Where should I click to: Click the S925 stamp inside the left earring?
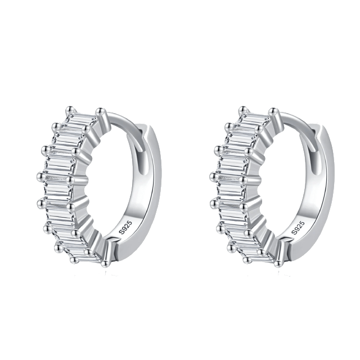tap(125, 227)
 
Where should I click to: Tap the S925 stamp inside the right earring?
tap(298, 227)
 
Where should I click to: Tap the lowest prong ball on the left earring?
tap(105, 264)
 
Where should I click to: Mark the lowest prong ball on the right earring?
tap(278, 264)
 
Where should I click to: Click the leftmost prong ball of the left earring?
tap(41, 176)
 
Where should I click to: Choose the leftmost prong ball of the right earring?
tap(214, 176)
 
